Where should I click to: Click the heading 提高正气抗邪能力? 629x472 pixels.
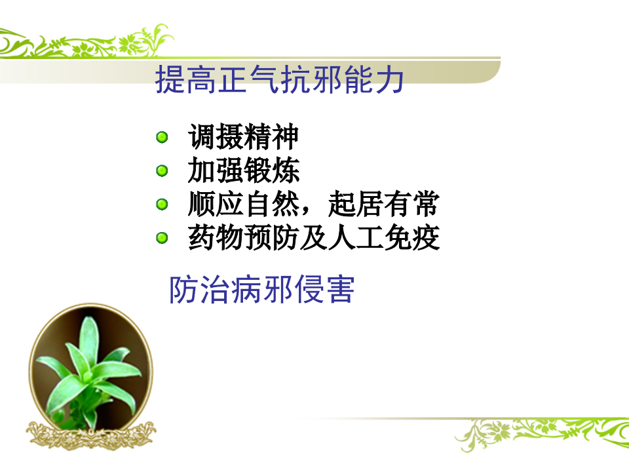tap(279, 80)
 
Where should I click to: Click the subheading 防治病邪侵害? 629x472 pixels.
tap(261, 289)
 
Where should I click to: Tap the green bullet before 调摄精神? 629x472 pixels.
tap(162, 137)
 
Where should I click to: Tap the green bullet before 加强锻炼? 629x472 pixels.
tap(162, 171)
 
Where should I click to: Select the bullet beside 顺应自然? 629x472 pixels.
tap(162, 205)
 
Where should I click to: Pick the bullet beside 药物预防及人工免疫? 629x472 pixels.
tap(162, 238)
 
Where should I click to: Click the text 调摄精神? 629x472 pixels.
tap(243, 137)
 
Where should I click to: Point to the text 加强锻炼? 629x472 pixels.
tap(243, 171)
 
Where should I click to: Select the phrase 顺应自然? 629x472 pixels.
tap(243, 205)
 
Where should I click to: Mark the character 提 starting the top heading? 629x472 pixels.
tap(169, 80)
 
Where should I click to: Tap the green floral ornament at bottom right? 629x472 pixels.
tap(537, 433)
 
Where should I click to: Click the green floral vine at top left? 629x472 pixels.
tap(85, 43)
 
